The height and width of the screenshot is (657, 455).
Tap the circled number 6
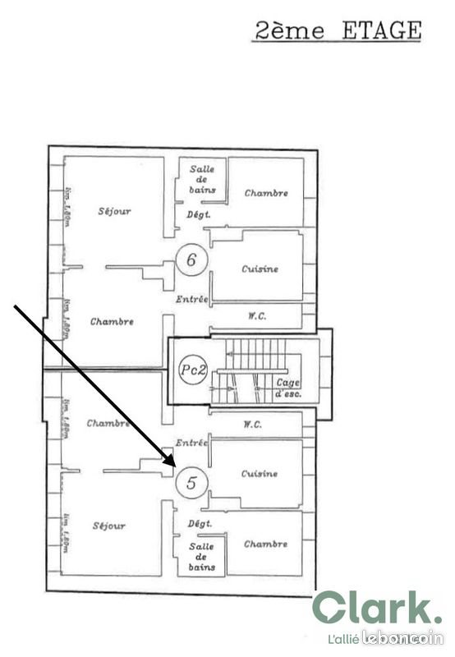pos(191,261)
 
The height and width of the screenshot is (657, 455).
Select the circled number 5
pos(191,483)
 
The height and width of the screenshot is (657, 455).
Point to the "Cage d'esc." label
pos(287,387)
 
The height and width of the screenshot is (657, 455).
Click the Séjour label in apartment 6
pos(114,211)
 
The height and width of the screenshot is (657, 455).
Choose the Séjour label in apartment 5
pos(109,526)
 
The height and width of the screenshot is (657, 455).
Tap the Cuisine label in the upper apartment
pos(260,269)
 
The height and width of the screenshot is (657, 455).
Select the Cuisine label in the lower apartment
pos(260,474)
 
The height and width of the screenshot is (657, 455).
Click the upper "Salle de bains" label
pos(202,179)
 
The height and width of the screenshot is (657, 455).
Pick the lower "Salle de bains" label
pos(202,556)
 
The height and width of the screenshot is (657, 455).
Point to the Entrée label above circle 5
pos(191,442)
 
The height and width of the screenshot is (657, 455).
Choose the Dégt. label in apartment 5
pos(200,523)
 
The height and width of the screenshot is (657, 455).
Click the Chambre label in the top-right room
pos(266,193)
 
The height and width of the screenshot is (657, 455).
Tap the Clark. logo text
pos(377,609)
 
